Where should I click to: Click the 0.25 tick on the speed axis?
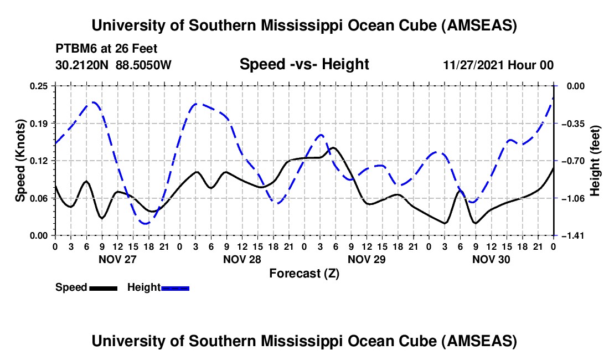(39, 86)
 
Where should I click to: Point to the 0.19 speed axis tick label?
(39, 123)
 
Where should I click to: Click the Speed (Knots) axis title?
(20, 161)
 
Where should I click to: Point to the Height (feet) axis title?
(596, 161)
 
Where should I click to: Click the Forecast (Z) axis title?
(304, 273)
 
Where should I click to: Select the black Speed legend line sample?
(103, 288)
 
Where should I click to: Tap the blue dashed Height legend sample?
(176, 288)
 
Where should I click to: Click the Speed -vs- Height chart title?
(304, 64)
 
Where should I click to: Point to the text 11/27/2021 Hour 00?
(498, 65)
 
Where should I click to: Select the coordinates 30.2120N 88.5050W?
(113, 65)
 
